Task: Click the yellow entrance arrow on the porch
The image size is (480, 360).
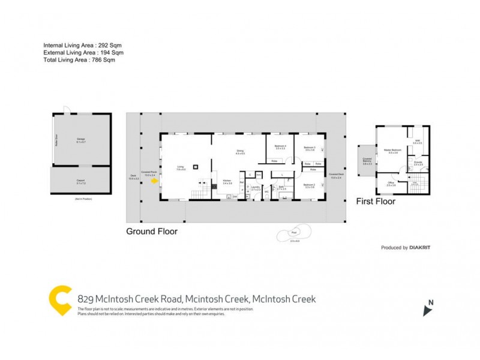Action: pyautogui.click(x=155, y=179)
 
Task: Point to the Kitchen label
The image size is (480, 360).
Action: pyautogui.click(x=227, y=182)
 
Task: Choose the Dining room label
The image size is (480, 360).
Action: pyautogui.click(x=239, y=152)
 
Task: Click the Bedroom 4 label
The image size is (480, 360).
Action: pyautogui.click(x=280, y=148)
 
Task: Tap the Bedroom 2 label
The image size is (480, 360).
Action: pyautogui.click(x=310, y=185)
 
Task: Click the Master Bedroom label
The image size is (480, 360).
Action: pyautogui.click(x=394, y=151)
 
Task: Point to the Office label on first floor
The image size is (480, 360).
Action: pyautogui.click(x=391, y=183)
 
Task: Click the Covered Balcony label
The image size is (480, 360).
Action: pyautogui.click(x=367, y=161)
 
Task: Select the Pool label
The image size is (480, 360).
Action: pyautogui.click(x=294, y=232)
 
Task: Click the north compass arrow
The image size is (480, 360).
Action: pyautogui.click(x=427, y=310)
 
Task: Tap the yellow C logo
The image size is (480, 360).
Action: pyautogui.click(x=61, y=301)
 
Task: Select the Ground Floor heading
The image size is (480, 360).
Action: pyautogui.click(x=151, y=231)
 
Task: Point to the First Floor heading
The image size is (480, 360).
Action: pyautogui.click(x=376, y=202)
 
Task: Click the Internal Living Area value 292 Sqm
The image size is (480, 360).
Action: pyautogui.click(x=110, y=46)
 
